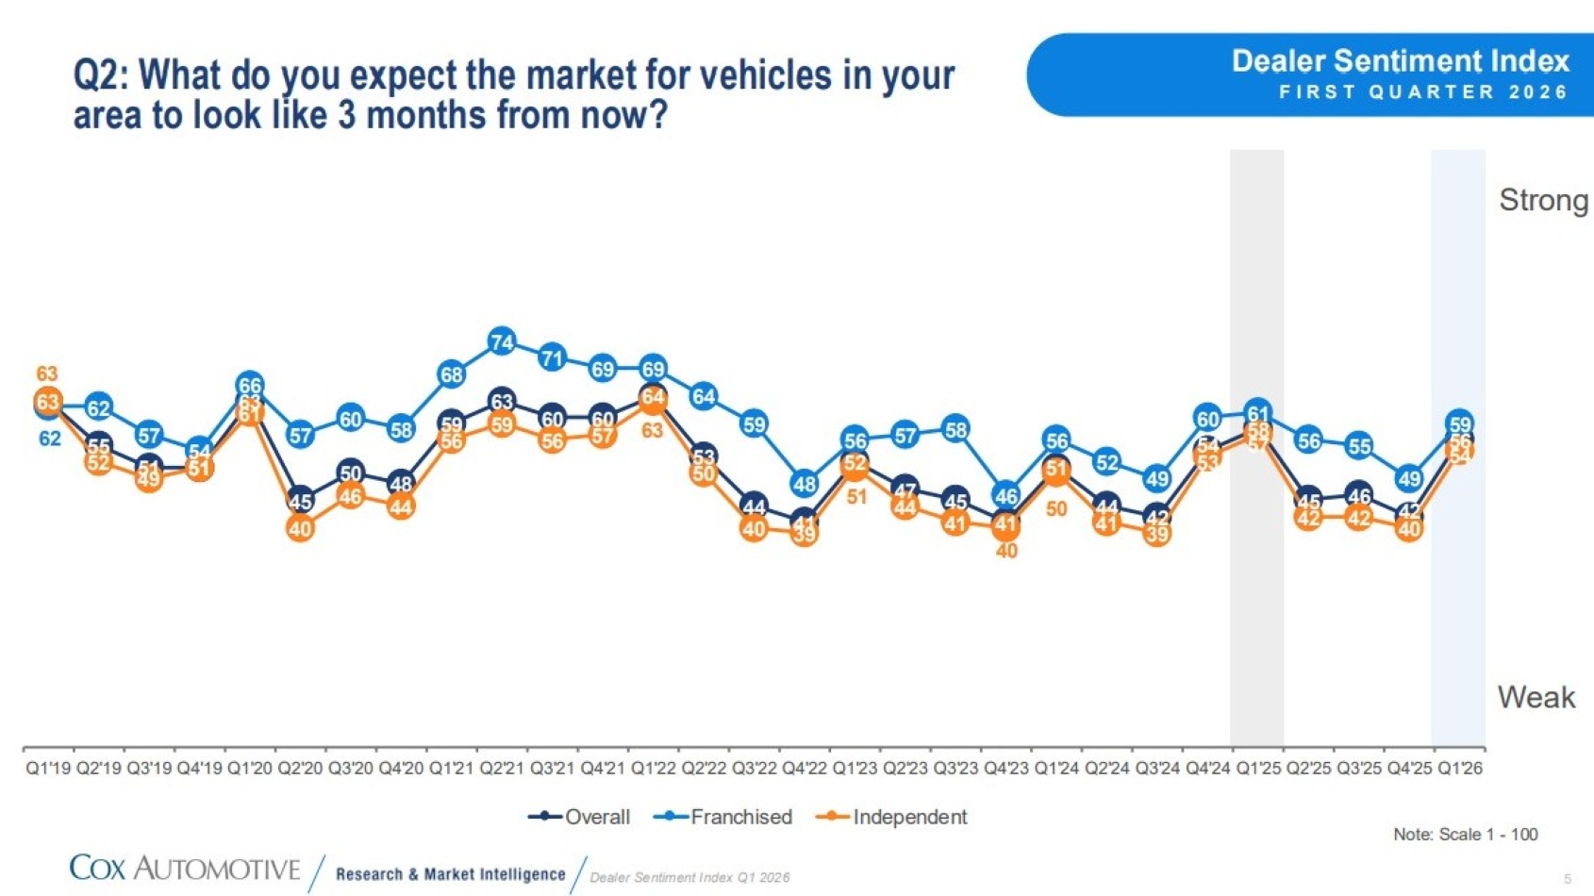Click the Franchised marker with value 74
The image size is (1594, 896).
click(x=502, y=341)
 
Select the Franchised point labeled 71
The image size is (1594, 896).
click(x=552, y=358)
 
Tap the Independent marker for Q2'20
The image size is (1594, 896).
click(x=300, y=529)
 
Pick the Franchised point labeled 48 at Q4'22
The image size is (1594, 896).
click(x=804, y=484)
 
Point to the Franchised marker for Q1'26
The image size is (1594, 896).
click(x=1460, y=424)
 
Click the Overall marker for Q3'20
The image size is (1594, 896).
click(x=350, y=473)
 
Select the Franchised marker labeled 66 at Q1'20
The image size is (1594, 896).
click(x=250, y=385)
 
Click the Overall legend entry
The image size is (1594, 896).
click(x=580, y=817)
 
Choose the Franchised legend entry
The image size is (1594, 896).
click(x=723, y=817)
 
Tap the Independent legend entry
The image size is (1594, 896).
click(x=892, y=817)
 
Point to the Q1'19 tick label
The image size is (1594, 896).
click(x=48, y=768)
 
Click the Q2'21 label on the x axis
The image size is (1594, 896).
click(x=502, y=768)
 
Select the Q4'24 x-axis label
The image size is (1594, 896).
click(x=1207, y=768)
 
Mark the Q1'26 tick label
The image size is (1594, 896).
click(x=1460, y=768)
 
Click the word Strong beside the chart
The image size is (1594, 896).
click(x=1543, y=200)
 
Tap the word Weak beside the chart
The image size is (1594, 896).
click(x=1536, y=697)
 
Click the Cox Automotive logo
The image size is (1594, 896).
click(x=185, y=868)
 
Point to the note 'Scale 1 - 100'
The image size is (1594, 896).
click(x=1466, y=834)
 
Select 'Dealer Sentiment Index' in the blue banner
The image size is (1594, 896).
click(x=1400, y=61)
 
